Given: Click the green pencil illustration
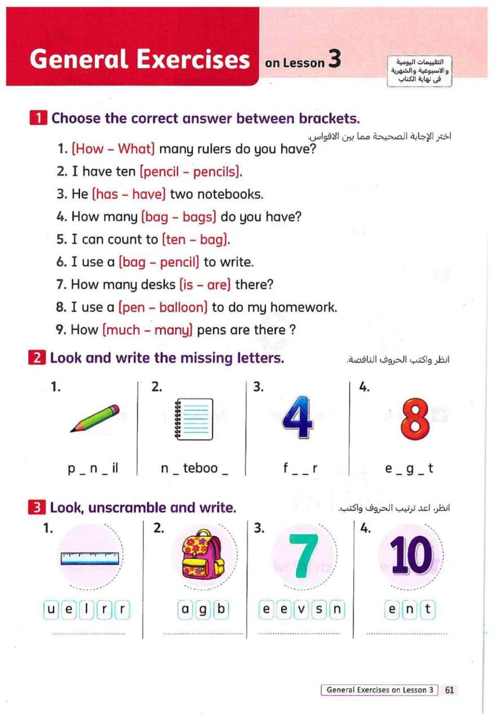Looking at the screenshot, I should pos(95,418).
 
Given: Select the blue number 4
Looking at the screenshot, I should pos(298,419).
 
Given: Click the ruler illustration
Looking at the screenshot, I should pos(90,558).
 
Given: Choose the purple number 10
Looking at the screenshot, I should pos(411,555).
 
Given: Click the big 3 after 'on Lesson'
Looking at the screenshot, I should pos(335,60).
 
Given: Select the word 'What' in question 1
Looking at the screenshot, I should pos(135,149).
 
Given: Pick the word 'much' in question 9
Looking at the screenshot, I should pos(122,330).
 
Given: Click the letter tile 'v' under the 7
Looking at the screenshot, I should pos(302,609).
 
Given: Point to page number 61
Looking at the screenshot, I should pos(449,689).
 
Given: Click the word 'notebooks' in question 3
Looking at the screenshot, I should pos(233,194).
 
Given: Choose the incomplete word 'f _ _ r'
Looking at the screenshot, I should pos(301,468).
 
